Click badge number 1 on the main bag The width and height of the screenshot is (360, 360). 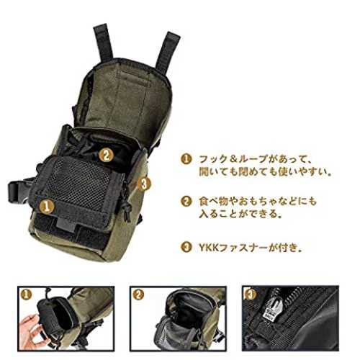[47, 207]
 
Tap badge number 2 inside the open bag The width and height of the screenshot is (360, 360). [107, 155]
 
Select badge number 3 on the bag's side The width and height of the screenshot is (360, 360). [144, 184]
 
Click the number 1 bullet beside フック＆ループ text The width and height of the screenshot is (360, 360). [186, 159]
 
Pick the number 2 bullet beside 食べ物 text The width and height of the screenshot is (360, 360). [186, 202]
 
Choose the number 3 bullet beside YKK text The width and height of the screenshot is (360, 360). [186, 247]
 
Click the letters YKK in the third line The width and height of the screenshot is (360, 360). [209, 248]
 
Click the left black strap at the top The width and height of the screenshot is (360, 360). [104, 42]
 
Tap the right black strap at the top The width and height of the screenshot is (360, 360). [168, 52]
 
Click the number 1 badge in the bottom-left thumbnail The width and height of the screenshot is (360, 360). [27, 294]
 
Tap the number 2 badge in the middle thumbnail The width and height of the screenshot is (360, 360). [138, 294]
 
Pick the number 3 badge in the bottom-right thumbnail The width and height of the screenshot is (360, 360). [251, 294]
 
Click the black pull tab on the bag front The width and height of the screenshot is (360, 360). [66, 225]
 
